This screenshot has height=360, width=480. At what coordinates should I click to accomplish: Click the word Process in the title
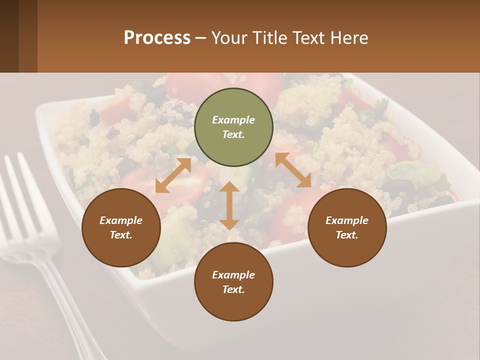pos(157,38)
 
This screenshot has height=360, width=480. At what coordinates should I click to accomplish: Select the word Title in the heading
pos(270,38)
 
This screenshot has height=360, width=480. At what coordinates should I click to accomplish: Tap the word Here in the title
pos(349,38)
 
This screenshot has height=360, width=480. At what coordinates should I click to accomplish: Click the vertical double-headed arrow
pos(229,205)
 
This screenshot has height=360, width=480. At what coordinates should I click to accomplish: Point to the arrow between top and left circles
pos(173,175)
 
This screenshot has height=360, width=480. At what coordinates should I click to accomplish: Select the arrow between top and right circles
pos(293,170)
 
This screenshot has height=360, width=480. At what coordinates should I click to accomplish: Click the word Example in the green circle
pos(233,120)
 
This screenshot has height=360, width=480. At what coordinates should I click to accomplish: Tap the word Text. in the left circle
pos(121,235)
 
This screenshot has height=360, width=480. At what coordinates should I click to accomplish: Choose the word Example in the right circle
pos(347,220)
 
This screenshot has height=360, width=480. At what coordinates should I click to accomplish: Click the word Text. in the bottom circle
pos(233,289)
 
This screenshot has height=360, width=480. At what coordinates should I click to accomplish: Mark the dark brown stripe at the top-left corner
pos(9,36)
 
